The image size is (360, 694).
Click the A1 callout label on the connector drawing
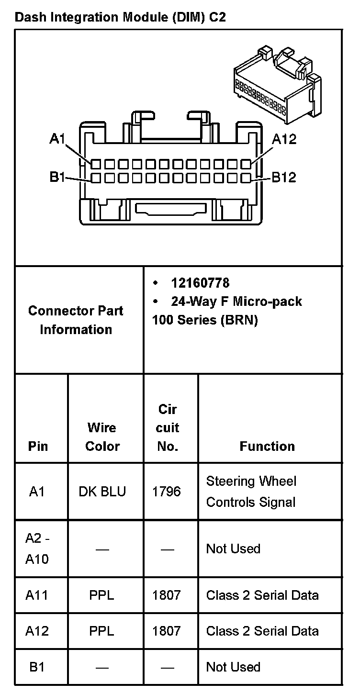57,139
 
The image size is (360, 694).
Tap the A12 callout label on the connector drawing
284,139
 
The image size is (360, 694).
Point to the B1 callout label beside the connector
57,178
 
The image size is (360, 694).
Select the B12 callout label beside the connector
284,178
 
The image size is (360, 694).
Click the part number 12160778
200,283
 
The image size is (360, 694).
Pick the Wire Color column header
102,437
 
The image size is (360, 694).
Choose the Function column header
267,447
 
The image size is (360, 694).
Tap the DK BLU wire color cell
102,492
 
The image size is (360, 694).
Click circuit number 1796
167,492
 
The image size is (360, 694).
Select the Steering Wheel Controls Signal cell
251,492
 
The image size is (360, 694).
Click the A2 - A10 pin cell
37,548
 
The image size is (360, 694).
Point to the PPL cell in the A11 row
101,595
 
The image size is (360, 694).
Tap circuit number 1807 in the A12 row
167,631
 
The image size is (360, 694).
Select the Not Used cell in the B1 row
233,667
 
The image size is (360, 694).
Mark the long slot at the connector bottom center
170,209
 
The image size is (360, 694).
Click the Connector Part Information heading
76,320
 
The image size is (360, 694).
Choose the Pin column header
38,447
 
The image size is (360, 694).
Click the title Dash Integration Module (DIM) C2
121,18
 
